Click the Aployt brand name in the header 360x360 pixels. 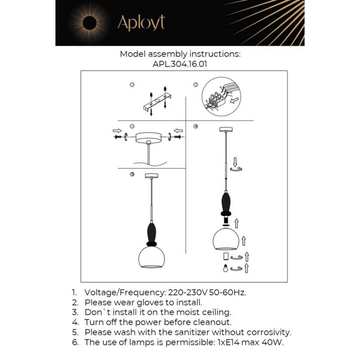(141, 23)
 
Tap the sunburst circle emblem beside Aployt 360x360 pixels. (89, 23)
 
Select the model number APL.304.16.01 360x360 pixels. (179, 64)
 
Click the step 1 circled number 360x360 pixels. (132, 85)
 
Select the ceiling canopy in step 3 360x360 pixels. (150, 136)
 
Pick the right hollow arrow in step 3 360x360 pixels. (178, 131)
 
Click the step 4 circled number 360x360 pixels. (196, 126)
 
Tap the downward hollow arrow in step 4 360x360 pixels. (235, 162)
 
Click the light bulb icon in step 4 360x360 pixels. (226, 269)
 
